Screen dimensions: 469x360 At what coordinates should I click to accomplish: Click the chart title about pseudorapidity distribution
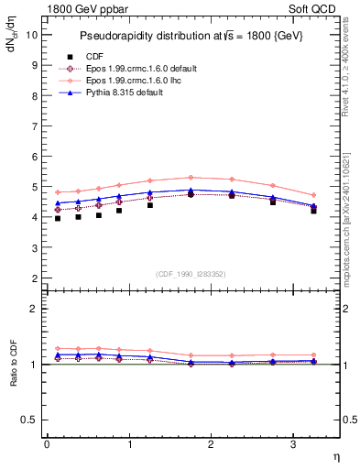(x=192, y=35)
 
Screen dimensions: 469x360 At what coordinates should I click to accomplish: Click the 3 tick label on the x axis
(x=293, y=444)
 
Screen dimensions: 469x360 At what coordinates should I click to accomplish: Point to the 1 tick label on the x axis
(x=129, y=444)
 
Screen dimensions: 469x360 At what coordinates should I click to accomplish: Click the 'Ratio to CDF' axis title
(x=13, y=365)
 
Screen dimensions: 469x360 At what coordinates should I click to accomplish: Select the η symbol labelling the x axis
(x=335, y=455)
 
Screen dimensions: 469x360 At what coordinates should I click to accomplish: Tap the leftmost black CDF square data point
(x=58, y=218)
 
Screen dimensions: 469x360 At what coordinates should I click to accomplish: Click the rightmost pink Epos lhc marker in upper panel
(x=314, y=195)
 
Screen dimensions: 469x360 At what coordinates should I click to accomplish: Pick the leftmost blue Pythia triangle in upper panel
(x=58, y=203)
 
